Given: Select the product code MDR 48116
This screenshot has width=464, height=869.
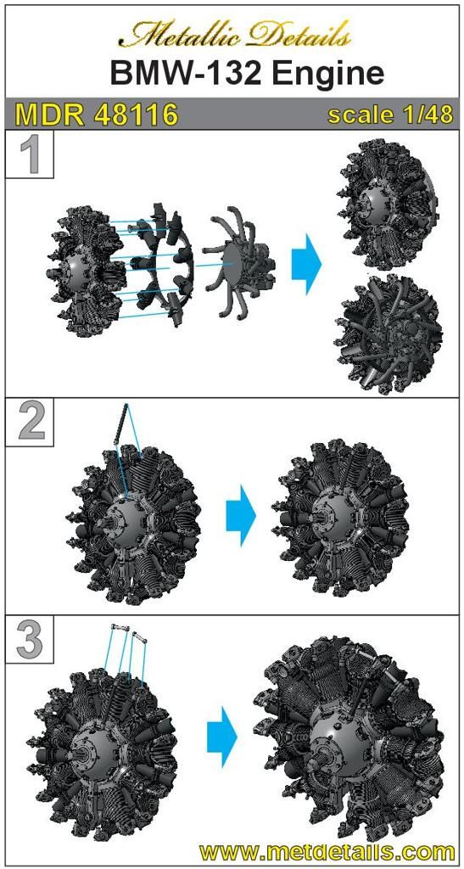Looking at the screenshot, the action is pos(97,115).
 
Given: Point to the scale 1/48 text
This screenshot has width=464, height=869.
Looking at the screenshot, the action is pos(390,115).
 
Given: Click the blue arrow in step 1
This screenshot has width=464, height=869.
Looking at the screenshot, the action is pos(306,264).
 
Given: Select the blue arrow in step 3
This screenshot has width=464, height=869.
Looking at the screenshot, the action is pos(222,737).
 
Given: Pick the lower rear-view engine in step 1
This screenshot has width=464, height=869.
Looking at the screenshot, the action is pos(392,334).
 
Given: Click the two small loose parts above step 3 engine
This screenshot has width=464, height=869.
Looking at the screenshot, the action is pos(129,631).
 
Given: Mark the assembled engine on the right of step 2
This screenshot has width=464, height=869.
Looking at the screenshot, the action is pos(340,519).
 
